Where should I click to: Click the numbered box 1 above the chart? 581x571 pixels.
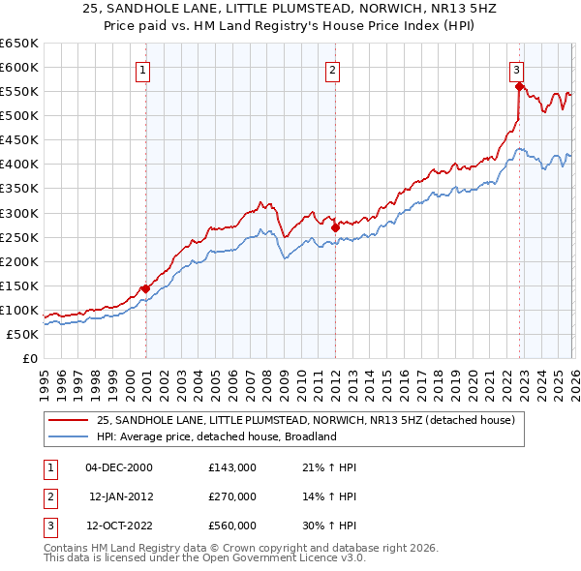143,70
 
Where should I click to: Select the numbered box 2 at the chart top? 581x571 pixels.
332,70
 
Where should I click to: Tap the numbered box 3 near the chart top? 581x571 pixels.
517,70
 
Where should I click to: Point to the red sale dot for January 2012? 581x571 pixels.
335,226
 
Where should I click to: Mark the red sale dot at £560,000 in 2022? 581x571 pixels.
520,86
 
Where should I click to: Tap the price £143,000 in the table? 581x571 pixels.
232,467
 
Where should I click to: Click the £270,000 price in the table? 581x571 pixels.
232,496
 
